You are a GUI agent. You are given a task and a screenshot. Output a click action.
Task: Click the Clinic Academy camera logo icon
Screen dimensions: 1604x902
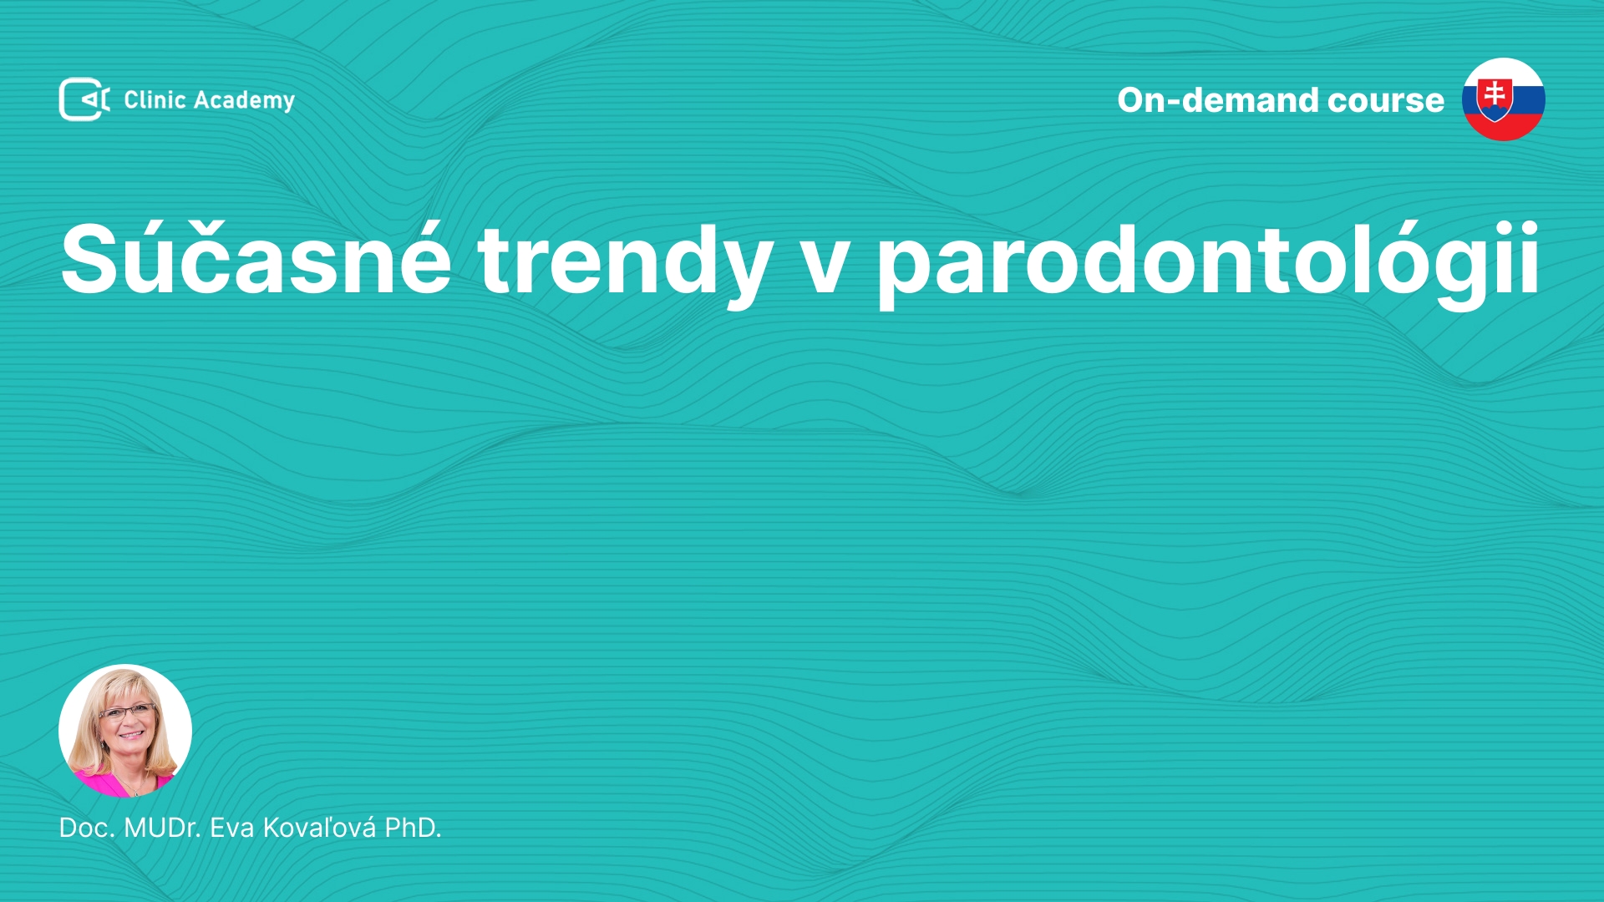coord(84,99)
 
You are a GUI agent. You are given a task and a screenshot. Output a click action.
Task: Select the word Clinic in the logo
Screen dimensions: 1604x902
coord(155,99)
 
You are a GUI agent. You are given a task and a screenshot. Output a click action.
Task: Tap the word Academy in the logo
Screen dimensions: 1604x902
coord(245,101)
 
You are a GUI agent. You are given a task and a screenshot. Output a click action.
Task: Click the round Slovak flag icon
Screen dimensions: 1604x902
coord(1504,99)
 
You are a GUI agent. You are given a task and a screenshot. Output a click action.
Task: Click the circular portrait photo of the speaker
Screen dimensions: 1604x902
coord(125,731)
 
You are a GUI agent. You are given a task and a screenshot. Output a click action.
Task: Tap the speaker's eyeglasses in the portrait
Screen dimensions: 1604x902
coord(127,712)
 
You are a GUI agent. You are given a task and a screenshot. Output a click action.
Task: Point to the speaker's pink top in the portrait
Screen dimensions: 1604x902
coord(125,784)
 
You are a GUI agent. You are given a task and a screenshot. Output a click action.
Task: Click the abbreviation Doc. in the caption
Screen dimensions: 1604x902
coord(87,828)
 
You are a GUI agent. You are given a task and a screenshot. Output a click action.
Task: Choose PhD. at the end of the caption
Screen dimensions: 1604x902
coord(413,828)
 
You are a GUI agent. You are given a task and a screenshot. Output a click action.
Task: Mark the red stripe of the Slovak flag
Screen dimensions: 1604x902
coord(1504,128)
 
